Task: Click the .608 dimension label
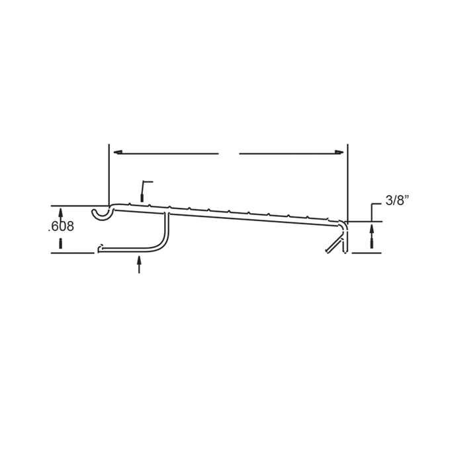(61, 226)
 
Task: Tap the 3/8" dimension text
(397, 200)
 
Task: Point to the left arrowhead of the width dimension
(118, 152)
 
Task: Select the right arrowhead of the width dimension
(339, 152)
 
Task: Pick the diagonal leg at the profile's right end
(334, 244)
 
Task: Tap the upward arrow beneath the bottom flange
(139, 264)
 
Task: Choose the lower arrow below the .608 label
(60, 243)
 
